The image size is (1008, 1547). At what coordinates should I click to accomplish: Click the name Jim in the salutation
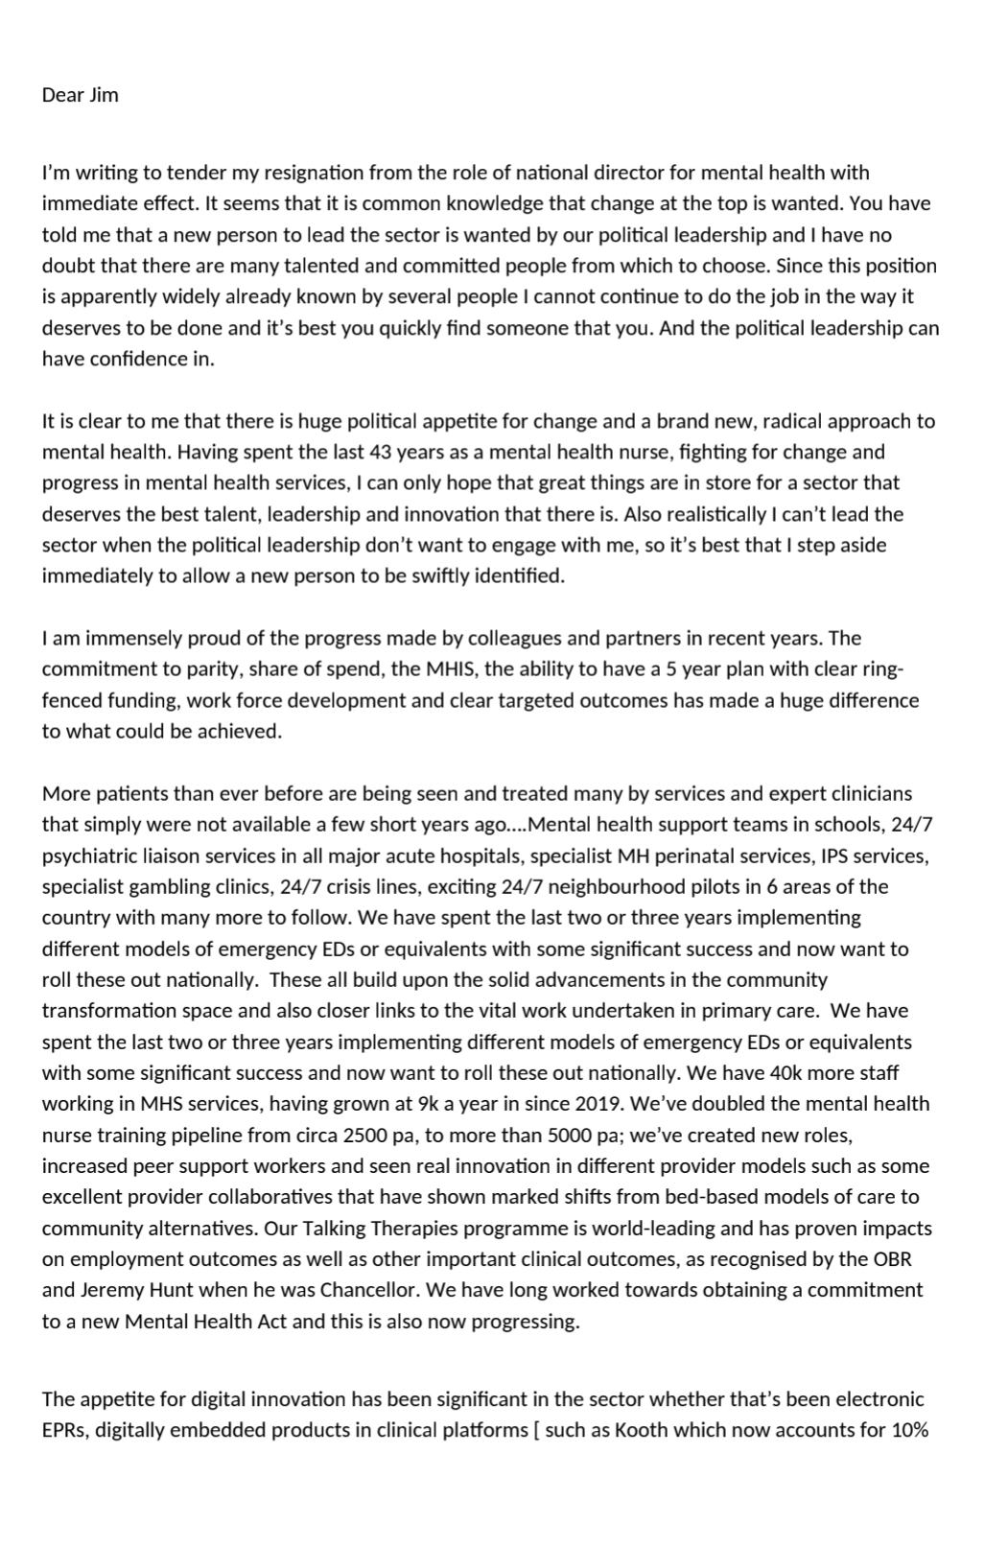(104, 95)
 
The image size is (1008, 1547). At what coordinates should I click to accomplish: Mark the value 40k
(785, 1073)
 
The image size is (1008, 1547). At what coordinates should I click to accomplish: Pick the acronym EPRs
(64, 1430)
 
